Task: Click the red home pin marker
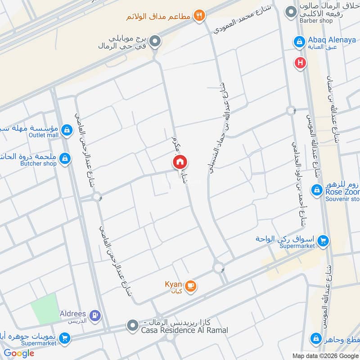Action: click(x=180, y=162)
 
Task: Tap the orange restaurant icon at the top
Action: click(x=199, y=16)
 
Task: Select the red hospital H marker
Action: click(x=300, y=63)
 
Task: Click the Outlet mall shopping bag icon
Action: click(x=67, y=130)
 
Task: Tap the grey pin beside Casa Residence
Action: click(x=132, y=325)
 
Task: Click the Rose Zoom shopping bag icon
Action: click(x=317, y=189)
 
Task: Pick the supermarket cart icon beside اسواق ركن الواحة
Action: click(x=323, y=242)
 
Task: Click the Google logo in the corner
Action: click(x=19, y=353)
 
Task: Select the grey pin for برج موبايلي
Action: click(x=155, y=42)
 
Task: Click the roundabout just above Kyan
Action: click(x=219, y=268)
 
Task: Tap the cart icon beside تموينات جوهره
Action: click(x=65, y=338)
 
